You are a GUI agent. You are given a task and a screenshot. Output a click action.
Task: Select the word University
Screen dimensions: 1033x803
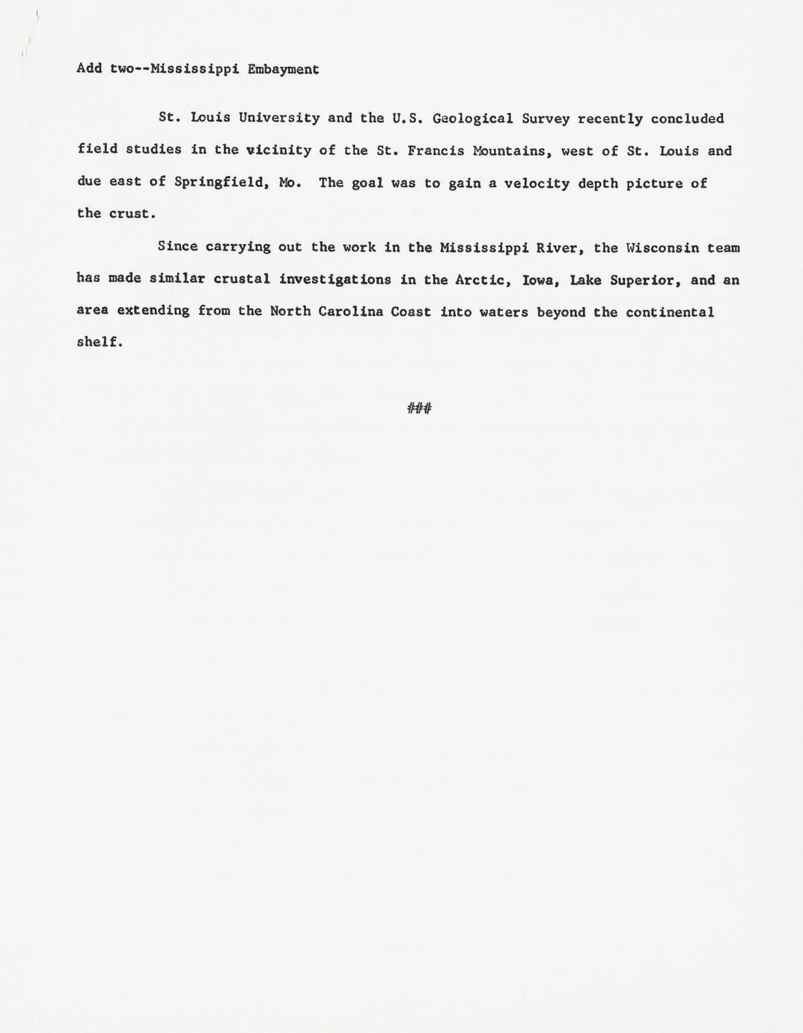279,118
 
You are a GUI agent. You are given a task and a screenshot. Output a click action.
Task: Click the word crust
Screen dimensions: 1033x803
132,214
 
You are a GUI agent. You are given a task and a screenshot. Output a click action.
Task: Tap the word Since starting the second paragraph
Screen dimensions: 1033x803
177,247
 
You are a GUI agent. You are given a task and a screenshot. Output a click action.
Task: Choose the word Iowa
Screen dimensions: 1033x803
542,280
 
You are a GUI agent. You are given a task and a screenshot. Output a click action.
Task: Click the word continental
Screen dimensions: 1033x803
670,312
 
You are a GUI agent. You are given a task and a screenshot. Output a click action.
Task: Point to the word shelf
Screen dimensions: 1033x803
100,342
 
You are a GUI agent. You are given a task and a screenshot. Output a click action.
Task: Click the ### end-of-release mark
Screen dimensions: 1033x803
419,408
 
